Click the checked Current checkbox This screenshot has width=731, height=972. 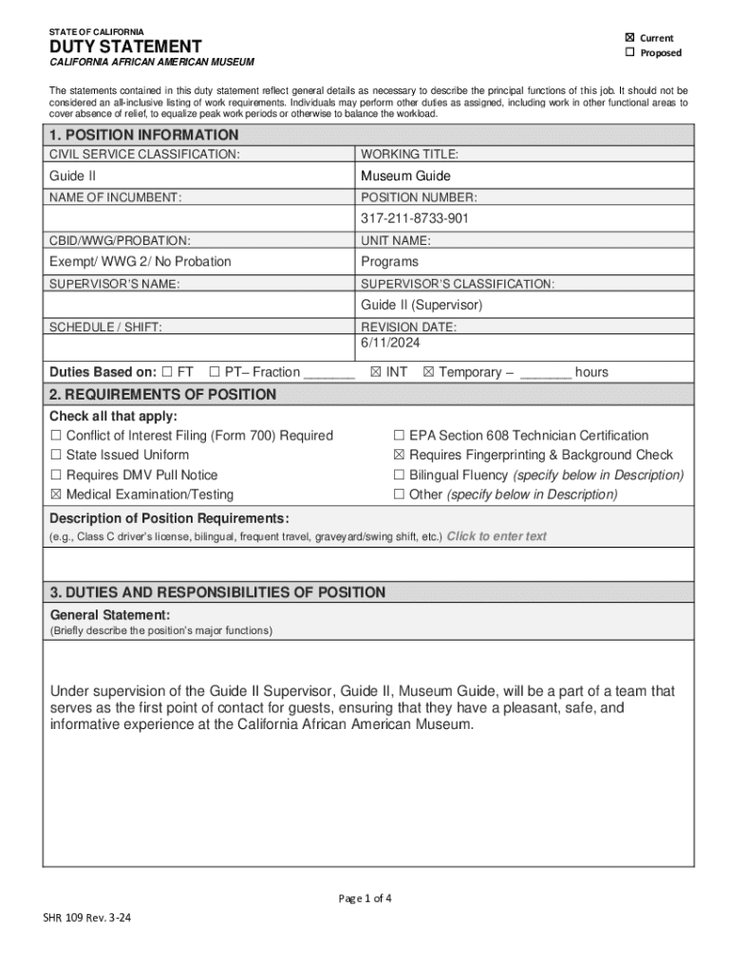point(629,38)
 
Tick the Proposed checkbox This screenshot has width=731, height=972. point(629,52)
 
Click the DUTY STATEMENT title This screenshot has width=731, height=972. point(125,47)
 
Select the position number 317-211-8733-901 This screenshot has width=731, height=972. point(415,218)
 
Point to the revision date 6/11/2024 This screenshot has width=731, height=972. point(390,342)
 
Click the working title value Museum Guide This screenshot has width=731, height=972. point(405,176)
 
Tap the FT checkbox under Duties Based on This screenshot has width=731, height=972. point(167,372)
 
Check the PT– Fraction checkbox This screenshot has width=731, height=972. point(215,372)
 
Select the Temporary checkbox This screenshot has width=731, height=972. point(428,372)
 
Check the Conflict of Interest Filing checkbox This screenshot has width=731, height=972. point(56,436)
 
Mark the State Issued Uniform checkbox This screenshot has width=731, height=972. point(56,456)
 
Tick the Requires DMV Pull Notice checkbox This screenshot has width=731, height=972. point(56,475)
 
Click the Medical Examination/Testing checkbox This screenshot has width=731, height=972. point(56,495)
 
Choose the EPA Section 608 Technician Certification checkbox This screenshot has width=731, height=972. point(400,436)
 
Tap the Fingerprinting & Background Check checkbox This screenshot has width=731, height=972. point(400,456)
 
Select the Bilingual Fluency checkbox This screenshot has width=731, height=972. point(400,475)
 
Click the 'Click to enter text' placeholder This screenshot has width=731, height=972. point(497,536)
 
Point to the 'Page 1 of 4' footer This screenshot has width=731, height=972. point(365,898)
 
